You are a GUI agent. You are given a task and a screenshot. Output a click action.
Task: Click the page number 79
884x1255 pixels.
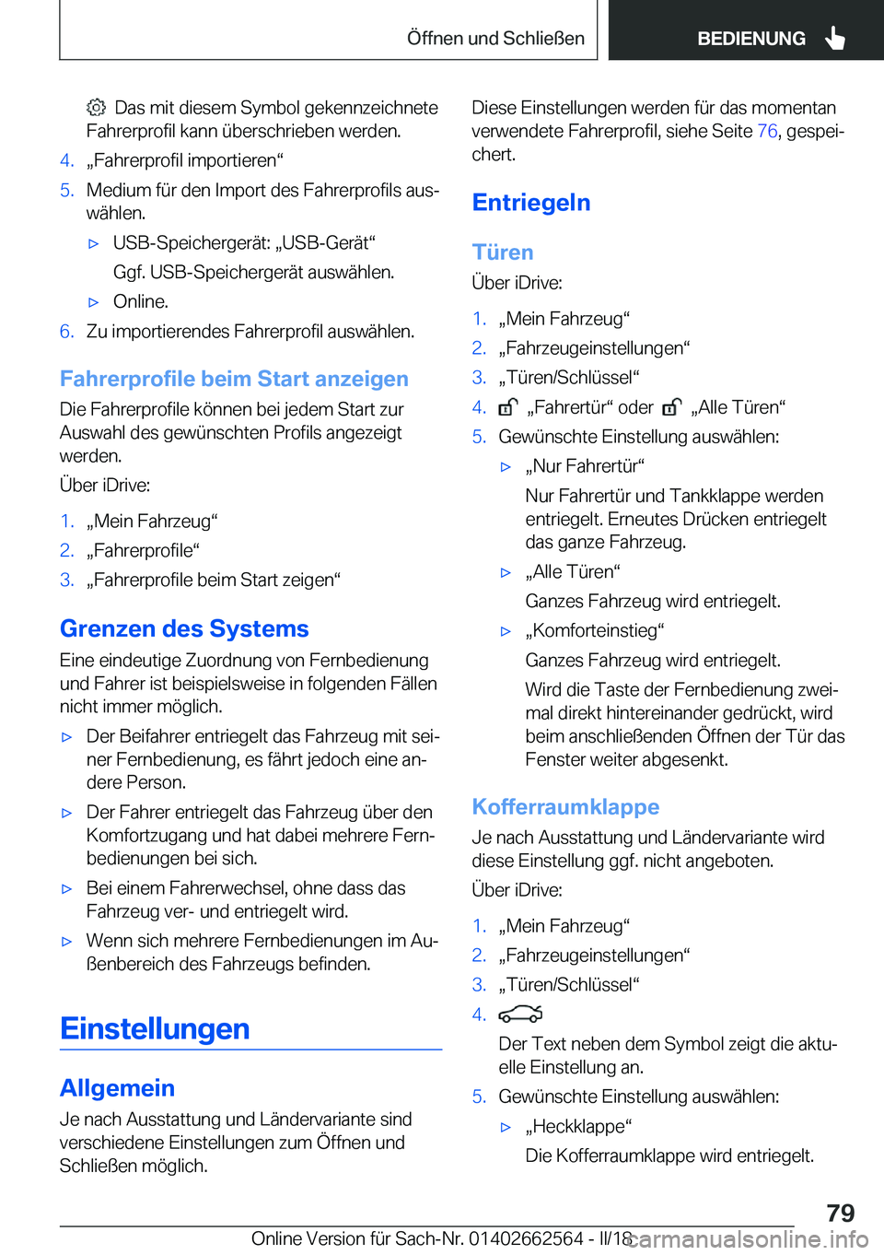pyautogui.click(x=840, y=1213)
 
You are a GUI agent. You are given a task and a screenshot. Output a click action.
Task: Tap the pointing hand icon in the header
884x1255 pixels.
pyautogui.click(x=835, y=38)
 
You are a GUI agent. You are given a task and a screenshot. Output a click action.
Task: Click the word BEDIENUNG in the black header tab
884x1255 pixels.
pyautogui.click(x=750, y=39)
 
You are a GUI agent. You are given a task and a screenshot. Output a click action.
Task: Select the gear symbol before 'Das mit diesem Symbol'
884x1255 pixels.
pyautogui.click(x=97, y=108)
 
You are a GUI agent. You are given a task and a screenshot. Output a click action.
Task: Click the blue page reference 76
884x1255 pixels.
pyautogui.click(x=767, y=131)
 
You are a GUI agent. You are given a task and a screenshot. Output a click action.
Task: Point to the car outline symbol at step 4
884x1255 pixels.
pyautogui.click(x=520, y=1015)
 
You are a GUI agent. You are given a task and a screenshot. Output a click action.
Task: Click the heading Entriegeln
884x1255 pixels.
pyautogui.click(x=531, y=203)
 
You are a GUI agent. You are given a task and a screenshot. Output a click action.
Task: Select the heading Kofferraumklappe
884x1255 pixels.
pyautogui.click(x=565, y=807)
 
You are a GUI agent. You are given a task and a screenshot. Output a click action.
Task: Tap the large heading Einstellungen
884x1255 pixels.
pyautogui.click(x=155, y=1028)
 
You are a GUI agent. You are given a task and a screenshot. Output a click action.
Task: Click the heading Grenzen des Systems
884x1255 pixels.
pyautogui.click(x=184, y=628)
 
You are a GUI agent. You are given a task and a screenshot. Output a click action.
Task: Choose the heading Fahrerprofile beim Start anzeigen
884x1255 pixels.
pyautogui.click(x=234, y=379)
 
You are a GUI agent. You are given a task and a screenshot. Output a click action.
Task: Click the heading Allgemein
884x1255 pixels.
pyautogui.click(x=117, y=1088)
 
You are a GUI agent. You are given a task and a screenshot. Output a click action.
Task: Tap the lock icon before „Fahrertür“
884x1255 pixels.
pyautogui.click(x=508, y=407)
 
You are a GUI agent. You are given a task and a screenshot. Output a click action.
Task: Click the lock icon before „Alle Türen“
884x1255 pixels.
pyautogui.click(x=672, y=407)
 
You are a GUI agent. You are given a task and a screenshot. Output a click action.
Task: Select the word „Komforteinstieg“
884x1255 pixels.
pyautogui.click(x=595, y=630)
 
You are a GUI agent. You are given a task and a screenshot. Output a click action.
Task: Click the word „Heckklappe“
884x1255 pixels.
pyautogui.click(x=578, y=1126)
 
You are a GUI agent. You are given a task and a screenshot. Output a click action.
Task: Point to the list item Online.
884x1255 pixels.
pyautogui.click(x=140, y=301)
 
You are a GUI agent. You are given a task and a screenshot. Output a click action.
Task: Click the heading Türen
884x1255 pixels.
pyautogui.click(x=503, y=252)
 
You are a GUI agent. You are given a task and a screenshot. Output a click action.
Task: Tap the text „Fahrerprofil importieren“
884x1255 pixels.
pyautogui.click(x=185, y=160)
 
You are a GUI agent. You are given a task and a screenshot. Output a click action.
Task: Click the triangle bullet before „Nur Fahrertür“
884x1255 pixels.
pyautogui.click(x=506, y=467)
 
